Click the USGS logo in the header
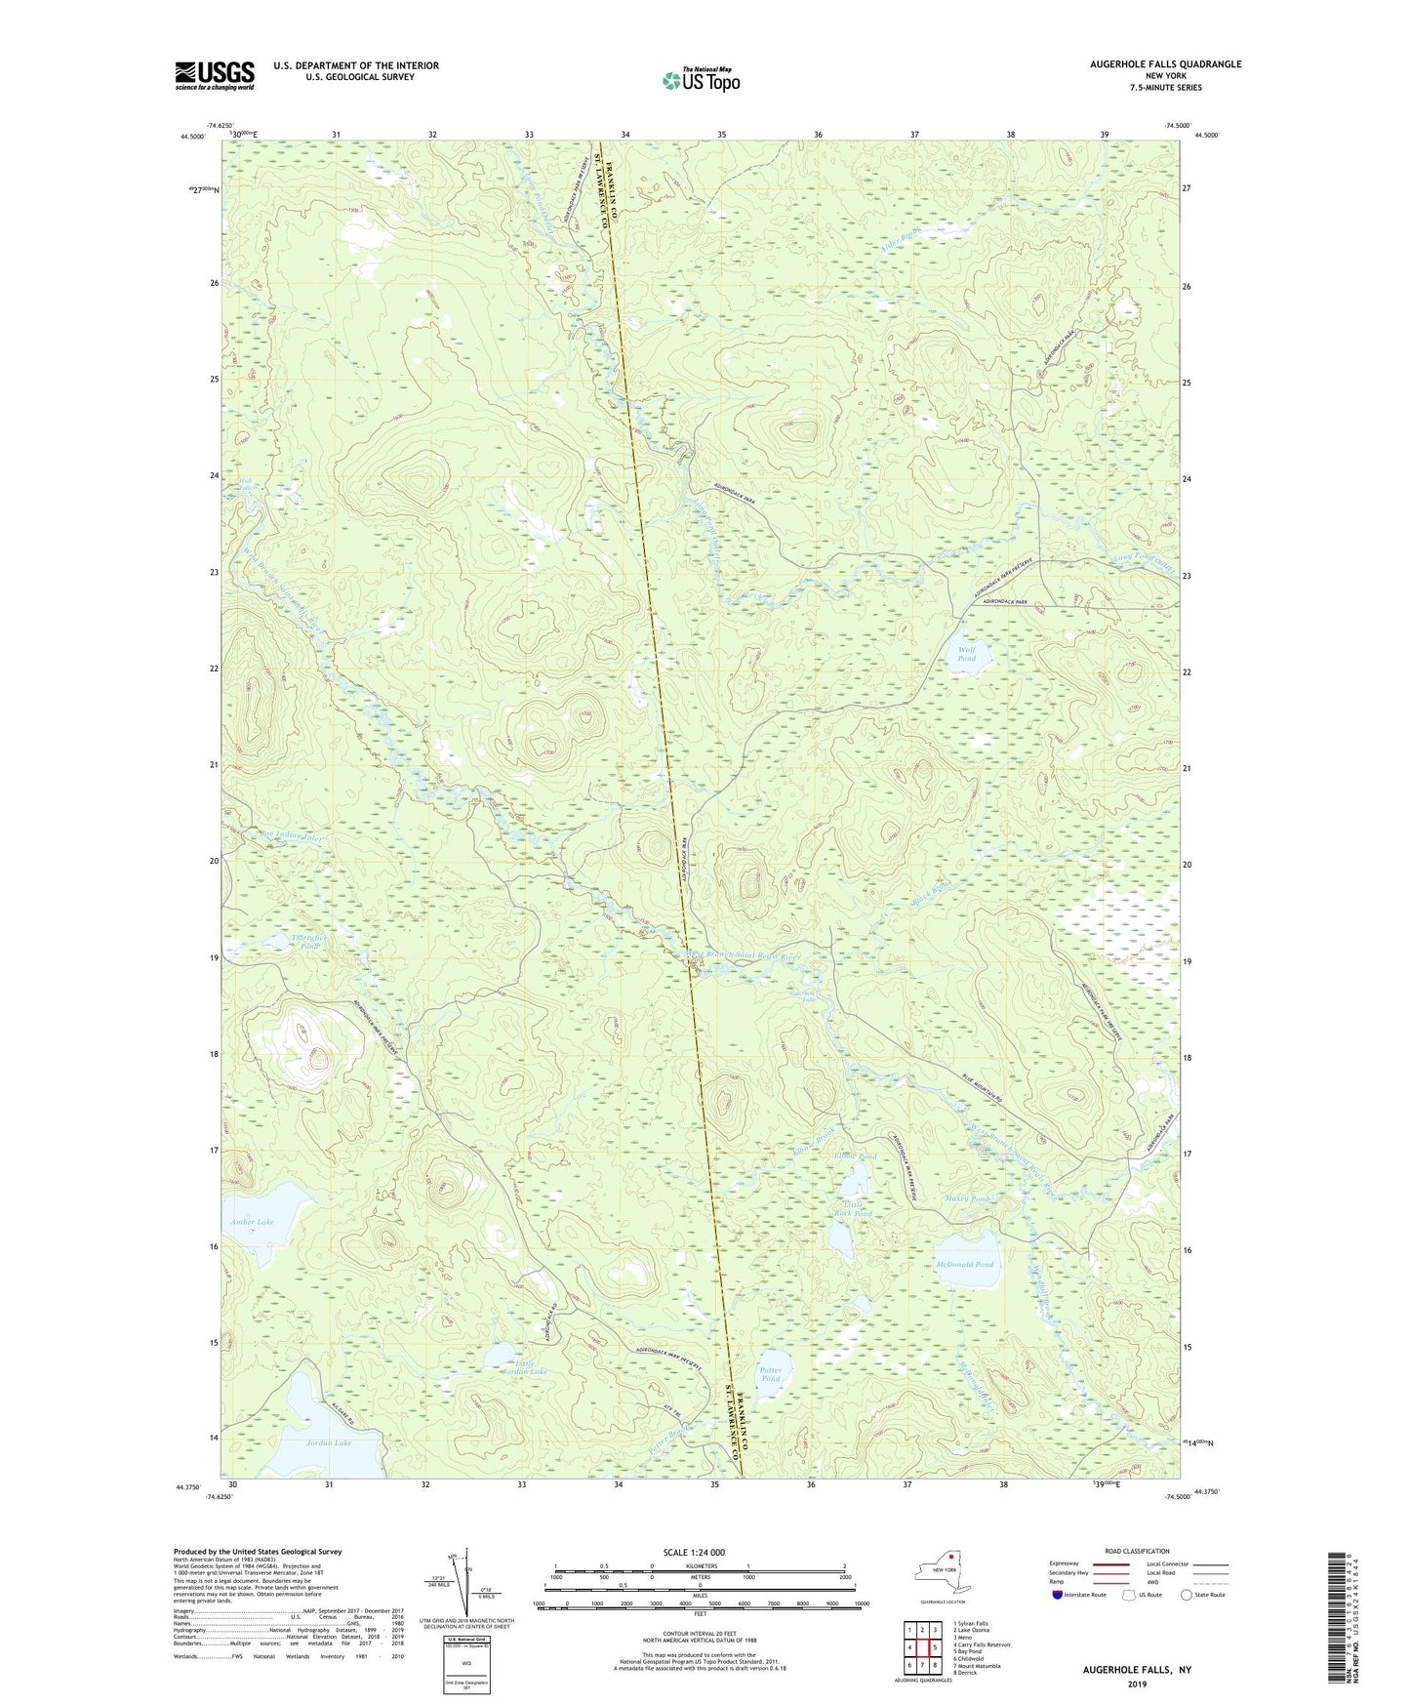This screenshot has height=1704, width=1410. coord(215,75)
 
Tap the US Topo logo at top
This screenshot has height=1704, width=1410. coord(701,80)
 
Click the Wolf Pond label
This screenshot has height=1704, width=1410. coord(966,654)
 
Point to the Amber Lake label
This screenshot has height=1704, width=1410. coord(253,1222)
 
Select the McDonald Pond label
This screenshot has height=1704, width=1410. coord(964,1265)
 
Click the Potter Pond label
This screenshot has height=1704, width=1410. coord(771,1374)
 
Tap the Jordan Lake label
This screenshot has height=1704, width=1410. coord(329,1442)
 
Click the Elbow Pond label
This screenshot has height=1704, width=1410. coord(856,1157)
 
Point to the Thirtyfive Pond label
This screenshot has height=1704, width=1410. coord(308,942)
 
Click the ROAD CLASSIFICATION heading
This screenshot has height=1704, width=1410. coord(1137,1551)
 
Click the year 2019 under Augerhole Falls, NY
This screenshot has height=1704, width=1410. coord(1137,1684)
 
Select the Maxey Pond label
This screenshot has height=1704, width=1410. coord(967,1198)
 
